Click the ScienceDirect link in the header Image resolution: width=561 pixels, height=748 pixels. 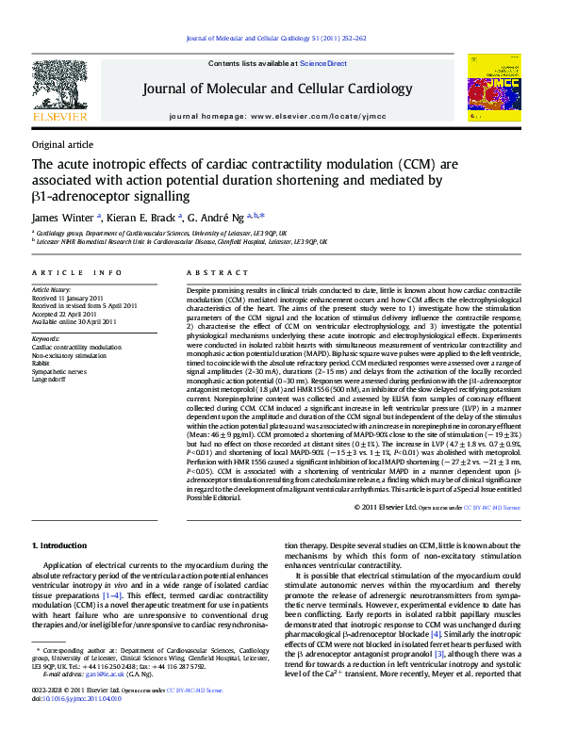coord(323,63)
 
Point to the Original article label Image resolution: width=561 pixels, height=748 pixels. coord(62,144)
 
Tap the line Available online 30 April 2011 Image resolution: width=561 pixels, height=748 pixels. coord(74,321)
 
